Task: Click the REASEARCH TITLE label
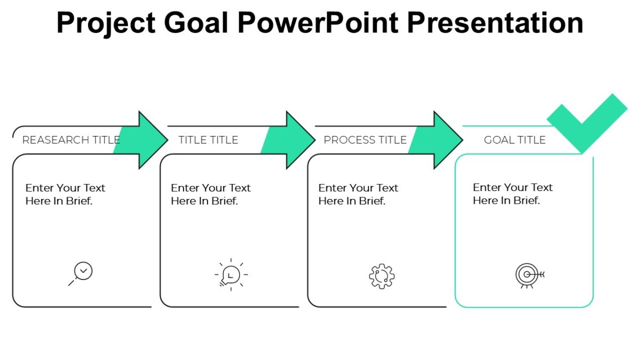coord(70,140)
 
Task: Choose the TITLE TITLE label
coord(208,140)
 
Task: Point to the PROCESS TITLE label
coord(365,140)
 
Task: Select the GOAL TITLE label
coord(515,140)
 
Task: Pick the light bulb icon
coord(230,275)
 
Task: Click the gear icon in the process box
coord(381,276)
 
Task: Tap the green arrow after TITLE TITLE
coord(290,140)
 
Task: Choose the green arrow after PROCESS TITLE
coord(438,140)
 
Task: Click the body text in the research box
coord(65,194)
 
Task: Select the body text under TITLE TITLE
coord(210,194)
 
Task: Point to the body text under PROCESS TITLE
coord(358,194)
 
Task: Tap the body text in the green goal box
coord(513,194)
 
